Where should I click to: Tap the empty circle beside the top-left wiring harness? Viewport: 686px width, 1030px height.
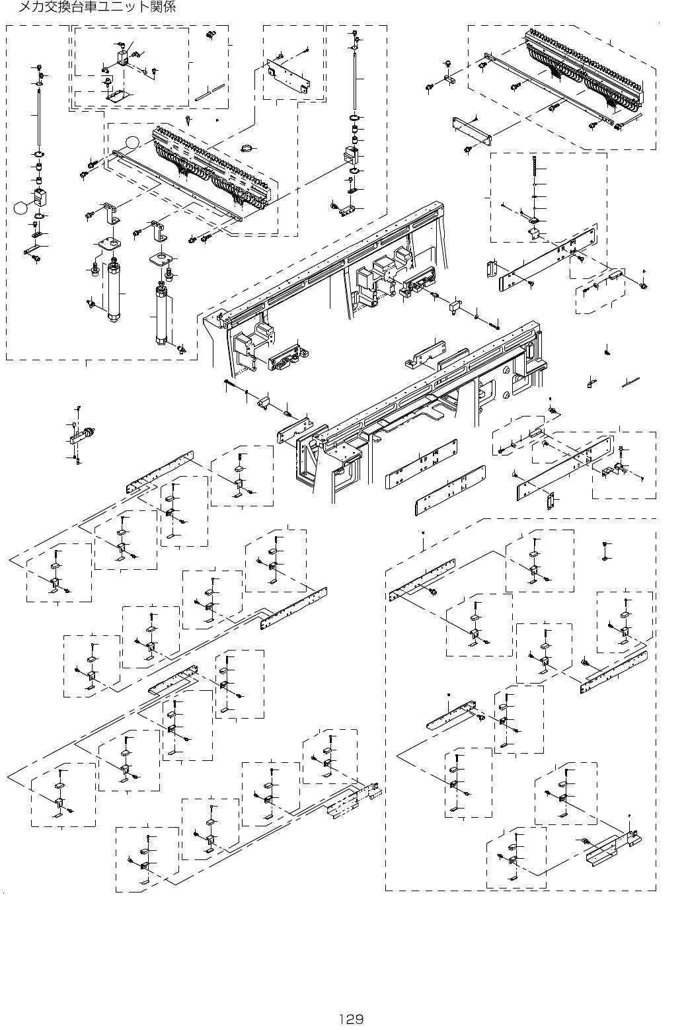click(x=133, y=141)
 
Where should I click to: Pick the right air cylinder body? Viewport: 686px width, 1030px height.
click(x=161, y=317)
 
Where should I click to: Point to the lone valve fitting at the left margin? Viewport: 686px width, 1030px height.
click(x=84, y=436)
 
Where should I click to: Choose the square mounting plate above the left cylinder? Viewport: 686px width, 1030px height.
click(x=108, y=245)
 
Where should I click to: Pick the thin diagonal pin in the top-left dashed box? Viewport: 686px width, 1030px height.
click(x=210, y=93)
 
